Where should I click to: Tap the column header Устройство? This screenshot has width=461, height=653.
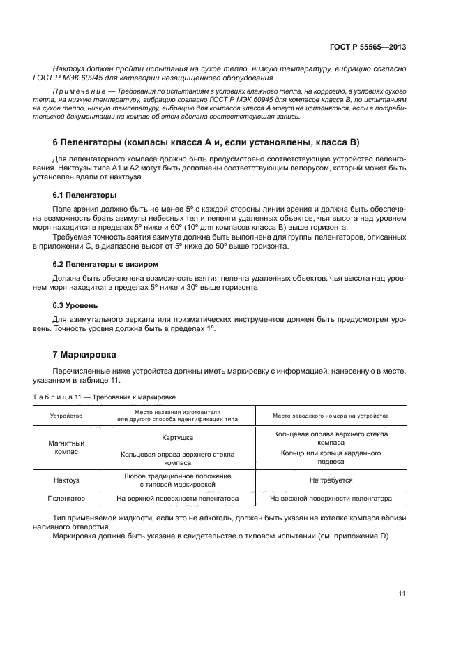point(66,415)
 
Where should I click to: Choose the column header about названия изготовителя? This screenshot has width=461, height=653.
point(178,415)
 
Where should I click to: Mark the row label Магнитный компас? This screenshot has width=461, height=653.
point(66,448)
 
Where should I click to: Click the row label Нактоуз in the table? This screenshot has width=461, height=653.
point(66,480)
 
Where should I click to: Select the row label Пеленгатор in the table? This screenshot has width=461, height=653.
point(66,499)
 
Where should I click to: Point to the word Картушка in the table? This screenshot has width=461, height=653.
point(178,438)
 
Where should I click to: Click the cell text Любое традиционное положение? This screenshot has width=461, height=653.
point(178,476)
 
